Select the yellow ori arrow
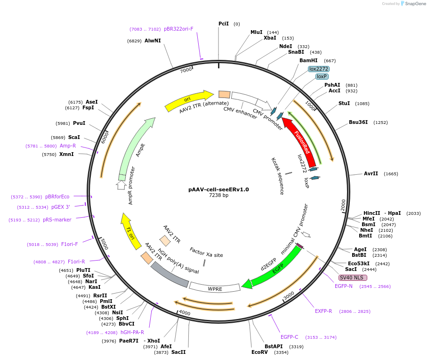188,100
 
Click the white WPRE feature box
215,288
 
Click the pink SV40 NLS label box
353,278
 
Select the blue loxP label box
322,76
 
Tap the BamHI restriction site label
308,61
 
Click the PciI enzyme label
224,24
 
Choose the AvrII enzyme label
371,174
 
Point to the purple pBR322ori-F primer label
178,29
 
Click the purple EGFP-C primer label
290,337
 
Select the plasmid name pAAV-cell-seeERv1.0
218,189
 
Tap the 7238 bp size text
218,195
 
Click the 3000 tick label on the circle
289,295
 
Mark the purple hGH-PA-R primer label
132,332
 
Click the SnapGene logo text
415,4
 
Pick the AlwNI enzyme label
153,41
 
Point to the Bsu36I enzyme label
358,123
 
